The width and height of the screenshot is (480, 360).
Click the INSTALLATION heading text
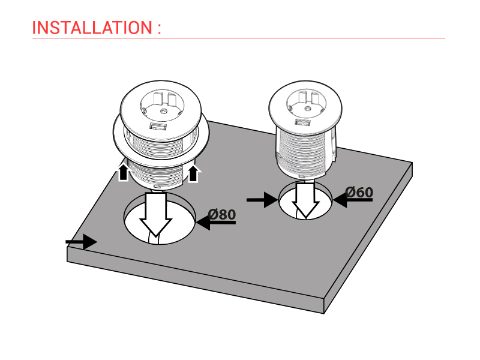92,28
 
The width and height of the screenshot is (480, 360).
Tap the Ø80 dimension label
222,214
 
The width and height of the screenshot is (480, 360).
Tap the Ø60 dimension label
359,192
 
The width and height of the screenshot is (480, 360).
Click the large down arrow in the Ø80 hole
156,214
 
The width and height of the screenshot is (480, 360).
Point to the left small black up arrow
123,172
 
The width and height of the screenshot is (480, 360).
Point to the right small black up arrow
193,173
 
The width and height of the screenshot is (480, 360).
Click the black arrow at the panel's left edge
82,242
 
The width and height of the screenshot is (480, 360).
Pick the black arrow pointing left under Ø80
216,223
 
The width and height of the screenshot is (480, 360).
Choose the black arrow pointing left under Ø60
353,200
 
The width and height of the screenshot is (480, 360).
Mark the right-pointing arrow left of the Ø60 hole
262,200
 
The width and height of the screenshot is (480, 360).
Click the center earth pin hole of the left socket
163,111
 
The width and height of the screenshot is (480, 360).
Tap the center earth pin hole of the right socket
307,108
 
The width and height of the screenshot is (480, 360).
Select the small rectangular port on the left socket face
158,126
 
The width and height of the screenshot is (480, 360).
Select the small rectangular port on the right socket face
303,122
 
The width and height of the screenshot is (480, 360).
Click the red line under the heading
239,38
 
